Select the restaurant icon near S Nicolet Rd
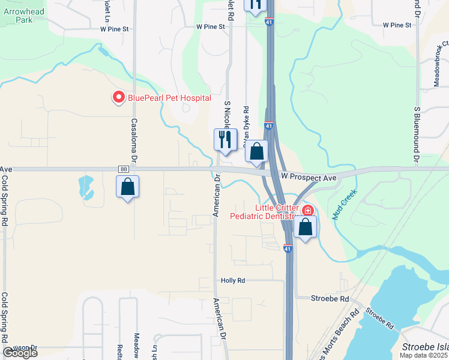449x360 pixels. [224, 140]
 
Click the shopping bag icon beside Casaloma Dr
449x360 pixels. [128, 187]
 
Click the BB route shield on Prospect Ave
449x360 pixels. [124, 170]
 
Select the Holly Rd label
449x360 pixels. [233, 280]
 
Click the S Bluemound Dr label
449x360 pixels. [416, 136]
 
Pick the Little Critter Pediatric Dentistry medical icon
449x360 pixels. [308, 211]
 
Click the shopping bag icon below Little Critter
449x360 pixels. [306, 227]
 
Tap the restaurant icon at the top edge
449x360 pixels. [255, 5]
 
